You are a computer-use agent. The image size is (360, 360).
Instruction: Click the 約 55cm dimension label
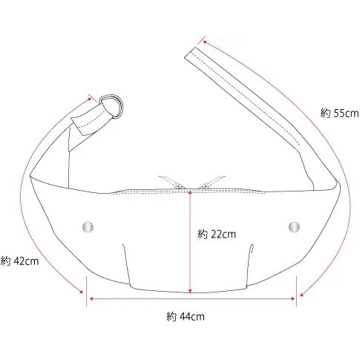(x=339, y=114)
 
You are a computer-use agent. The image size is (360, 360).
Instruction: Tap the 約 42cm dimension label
(x=19, y=261)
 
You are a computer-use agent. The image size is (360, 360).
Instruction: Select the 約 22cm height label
(x=217, y=234)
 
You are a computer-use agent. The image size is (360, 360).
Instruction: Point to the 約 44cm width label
(x=186, y=316)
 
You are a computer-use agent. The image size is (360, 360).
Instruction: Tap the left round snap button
(x=88, y=226)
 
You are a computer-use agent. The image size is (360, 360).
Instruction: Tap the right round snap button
(x=294, y=226)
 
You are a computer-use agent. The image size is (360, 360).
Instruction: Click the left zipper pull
(x=171, y=182)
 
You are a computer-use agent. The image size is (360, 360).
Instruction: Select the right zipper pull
(x=212, y=182)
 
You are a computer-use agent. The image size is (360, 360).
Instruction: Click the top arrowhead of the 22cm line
(x=190, y=193)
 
